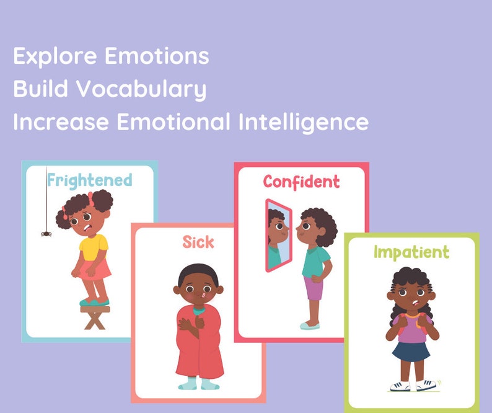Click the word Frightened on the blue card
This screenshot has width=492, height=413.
pos(90,180)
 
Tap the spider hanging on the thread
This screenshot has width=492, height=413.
pos(46,233)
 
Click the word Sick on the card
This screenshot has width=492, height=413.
pos(198,242)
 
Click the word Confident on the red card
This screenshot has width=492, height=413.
pos(301,182)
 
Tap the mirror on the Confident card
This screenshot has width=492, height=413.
pos(276,236)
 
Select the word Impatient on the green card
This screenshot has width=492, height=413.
pos(411,252)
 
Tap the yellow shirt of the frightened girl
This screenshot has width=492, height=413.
pos(94,246)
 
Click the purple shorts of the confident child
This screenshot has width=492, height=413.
pos(313,288)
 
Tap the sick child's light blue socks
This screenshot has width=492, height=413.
pos(199,384)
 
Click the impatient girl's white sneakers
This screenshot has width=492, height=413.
pos(412,386)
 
